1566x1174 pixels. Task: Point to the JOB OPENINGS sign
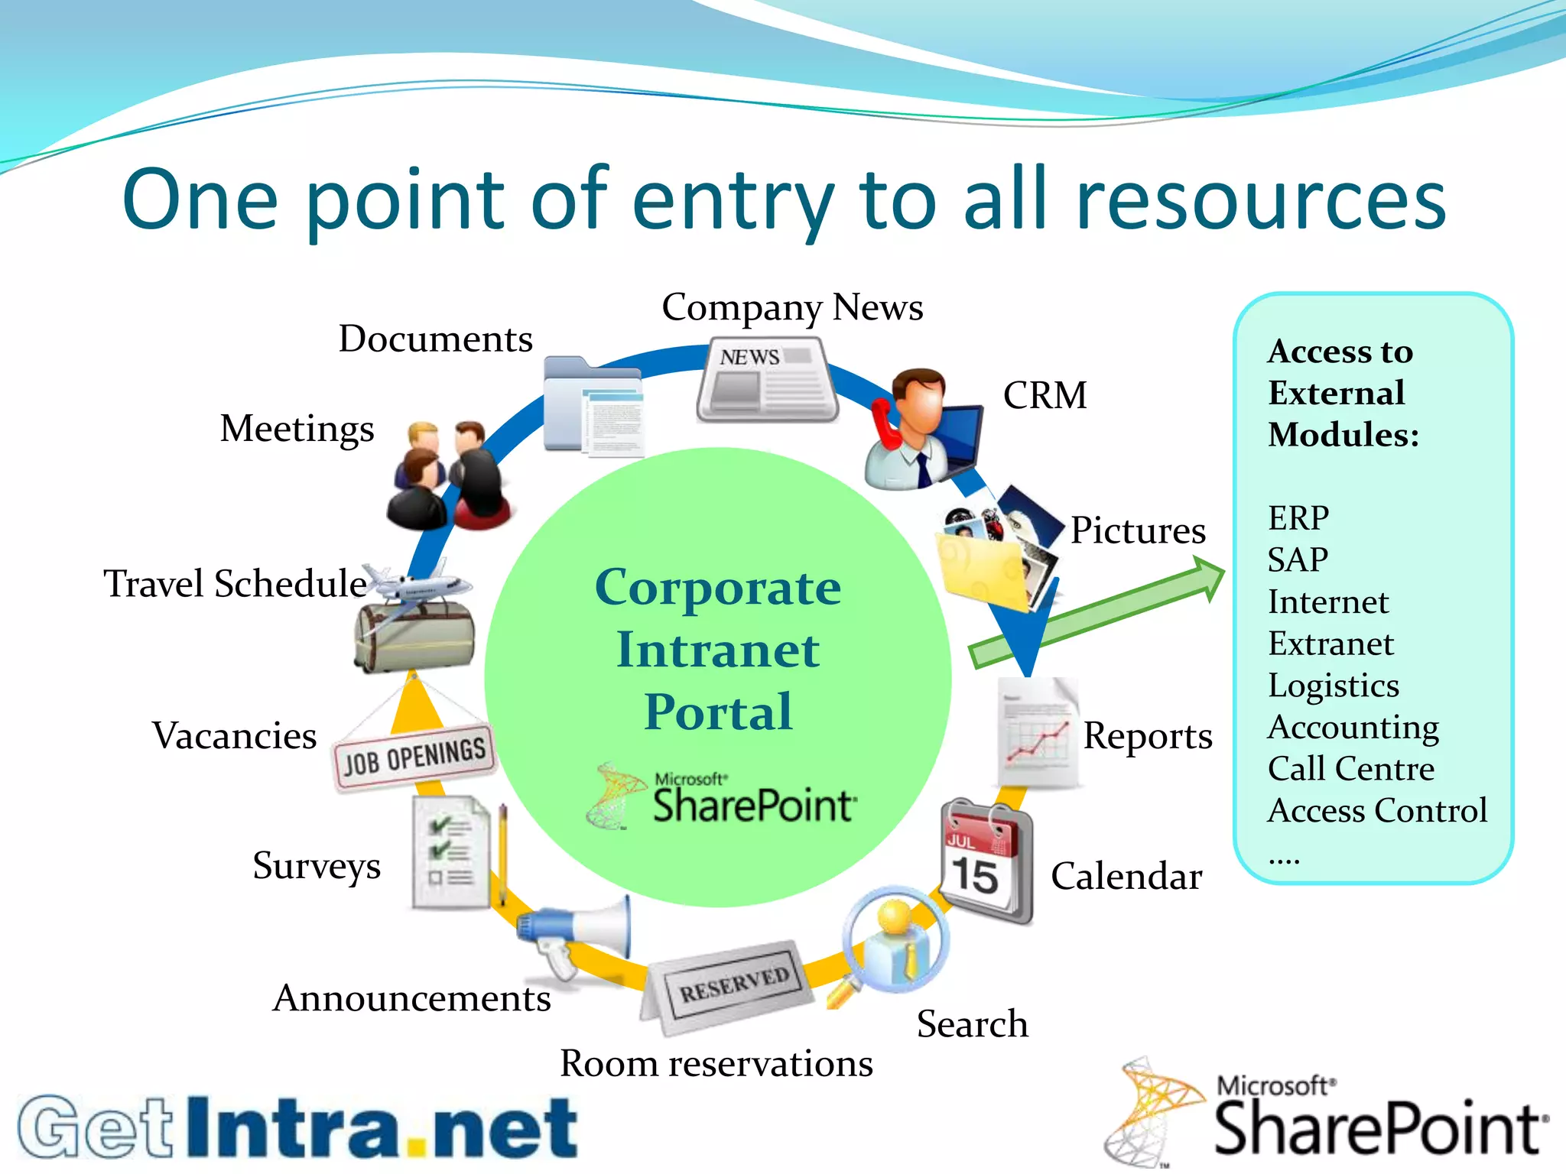pos(414,757)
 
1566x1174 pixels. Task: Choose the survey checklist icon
pos(452,852)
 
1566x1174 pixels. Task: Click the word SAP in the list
pos(1298,559)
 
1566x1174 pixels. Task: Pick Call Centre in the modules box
pos(1350,768)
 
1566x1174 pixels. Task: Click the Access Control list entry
pos(1376,810)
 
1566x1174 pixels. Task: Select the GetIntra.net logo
pos(298,1128)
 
